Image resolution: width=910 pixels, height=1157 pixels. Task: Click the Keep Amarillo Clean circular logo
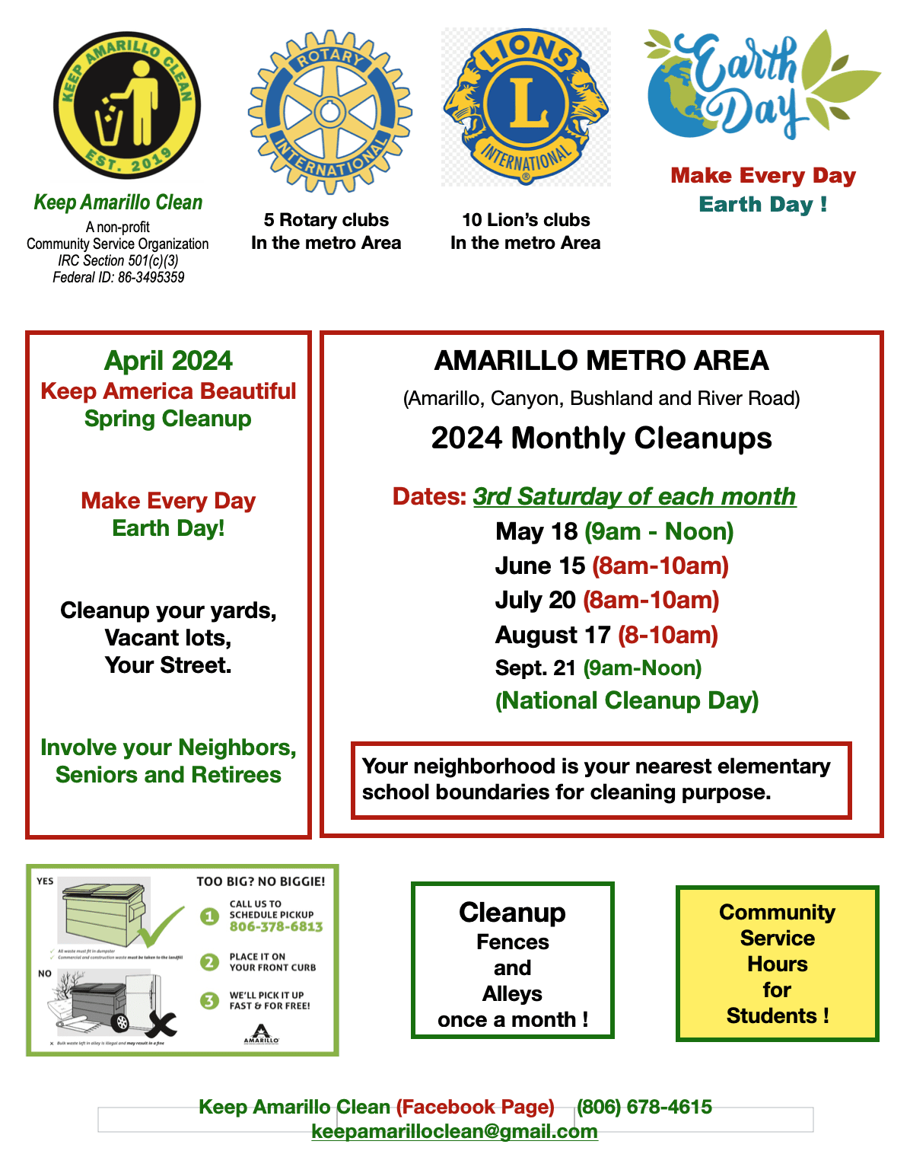[126, 105]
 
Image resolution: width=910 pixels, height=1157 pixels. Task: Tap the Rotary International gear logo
[329, 112]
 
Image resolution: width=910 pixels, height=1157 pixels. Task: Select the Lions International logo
[526, 107]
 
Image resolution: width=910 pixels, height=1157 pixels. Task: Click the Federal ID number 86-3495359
[151, 278]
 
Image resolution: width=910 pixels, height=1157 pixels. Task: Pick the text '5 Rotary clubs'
[326, 220]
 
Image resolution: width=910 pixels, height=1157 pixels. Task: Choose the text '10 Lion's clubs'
[526, 220]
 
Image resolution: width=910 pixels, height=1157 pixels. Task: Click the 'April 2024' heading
[168, 361]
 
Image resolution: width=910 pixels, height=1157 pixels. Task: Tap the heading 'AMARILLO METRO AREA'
[601, 361]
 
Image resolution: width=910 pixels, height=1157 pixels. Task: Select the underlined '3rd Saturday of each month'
[635, 496]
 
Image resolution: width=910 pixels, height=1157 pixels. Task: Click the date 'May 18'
[536, 531]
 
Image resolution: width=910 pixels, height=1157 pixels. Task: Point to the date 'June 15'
[539, 566]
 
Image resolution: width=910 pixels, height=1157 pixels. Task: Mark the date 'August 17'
[552, 635]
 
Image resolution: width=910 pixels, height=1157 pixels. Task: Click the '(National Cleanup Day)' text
[627, 700]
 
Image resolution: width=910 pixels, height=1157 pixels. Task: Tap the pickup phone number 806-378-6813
[276, 927]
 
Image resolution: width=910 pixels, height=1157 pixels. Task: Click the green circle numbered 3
[209, 1000]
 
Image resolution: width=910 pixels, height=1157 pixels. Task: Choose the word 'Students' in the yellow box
[770, 1016]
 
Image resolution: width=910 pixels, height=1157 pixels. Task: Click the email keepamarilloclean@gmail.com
[454, 1131]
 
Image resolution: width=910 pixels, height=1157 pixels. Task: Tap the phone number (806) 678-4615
[644, 1107]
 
